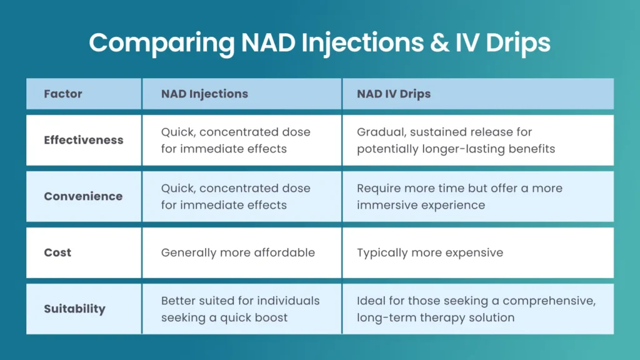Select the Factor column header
click(63, 94)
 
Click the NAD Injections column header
click(204, 94)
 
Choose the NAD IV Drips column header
click(394, 94)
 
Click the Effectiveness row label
click(84, 140)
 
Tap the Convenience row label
click(83, 196)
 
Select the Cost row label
click(57, 252)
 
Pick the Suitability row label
click(74, 309)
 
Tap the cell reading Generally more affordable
click(237, 252)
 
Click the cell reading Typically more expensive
click(430, 252)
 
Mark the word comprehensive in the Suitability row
click(549, 301)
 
